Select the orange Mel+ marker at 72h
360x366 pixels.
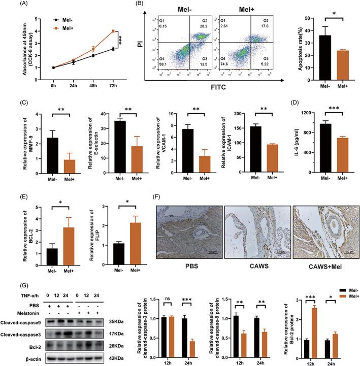[x=113, y=31]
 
